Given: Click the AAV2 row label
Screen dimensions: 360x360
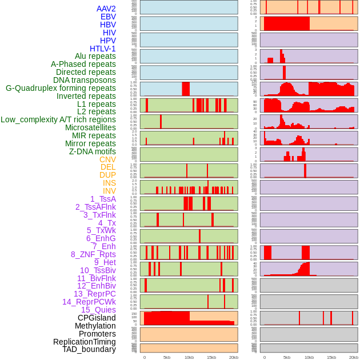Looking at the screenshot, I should tap(106, 9).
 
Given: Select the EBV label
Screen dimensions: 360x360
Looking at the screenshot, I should tap(108, 17).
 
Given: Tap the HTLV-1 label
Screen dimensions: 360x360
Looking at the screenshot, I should tap(102, 49).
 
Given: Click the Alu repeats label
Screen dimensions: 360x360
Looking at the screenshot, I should tap(95, 57).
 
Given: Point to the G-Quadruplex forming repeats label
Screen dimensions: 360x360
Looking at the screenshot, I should tap(61, 89).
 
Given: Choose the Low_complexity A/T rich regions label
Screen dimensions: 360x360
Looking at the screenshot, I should tap(58, 119).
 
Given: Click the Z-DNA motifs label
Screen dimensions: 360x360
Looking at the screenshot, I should tap(93, 151).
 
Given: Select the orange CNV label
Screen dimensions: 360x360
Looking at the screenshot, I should tap(107, 159).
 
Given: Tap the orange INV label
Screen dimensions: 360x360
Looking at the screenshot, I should tap(109, 191).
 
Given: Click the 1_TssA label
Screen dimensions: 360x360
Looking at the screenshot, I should tap(103, 199).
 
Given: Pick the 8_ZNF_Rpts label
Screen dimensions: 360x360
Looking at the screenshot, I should tap(93, 254).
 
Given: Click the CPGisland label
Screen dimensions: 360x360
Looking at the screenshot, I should tap(97, 318).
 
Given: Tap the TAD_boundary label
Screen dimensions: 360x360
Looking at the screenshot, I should tap(89, 349).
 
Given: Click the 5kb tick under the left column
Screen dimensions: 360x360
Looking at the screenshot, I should tap(167, 357).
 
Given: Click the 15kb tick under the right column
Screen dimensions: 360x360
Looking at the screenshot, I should tap(331, 357).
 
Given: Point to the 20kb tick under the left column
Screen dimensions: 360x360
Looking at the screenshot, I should tap(233, 357).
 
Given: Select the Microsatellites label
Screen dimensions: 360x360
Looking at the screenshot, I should tap(90, 127).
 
